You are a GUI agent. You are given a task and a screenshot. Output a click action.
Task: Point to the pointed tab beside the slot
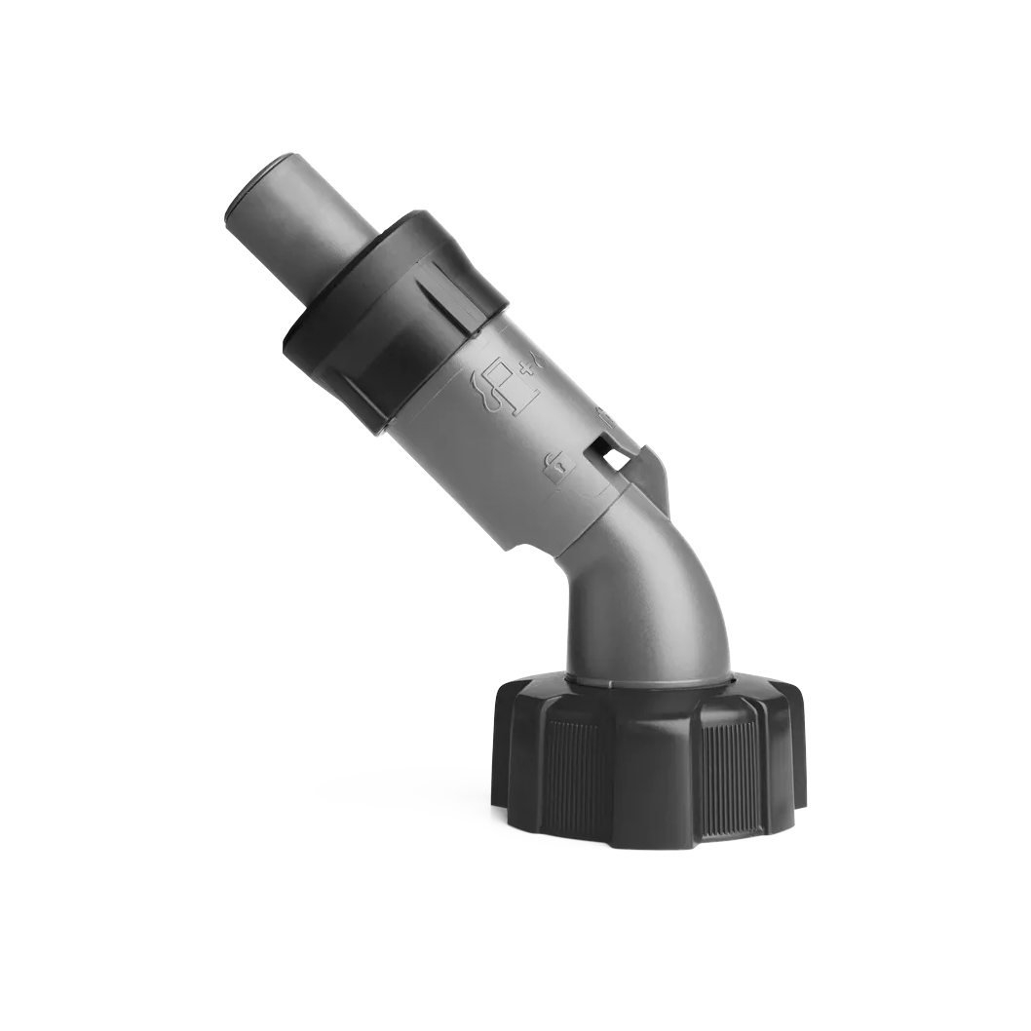point(659,477)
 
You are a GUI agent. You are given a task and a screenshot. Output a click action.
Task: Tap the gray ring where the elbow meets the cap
point(648,678)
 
